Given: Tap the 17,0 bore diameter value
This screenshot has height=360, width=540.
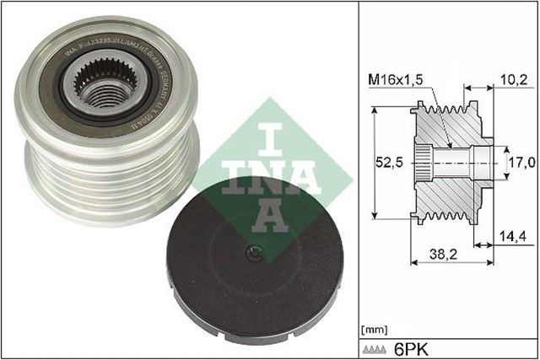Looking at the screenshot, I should click(x=519, y=160).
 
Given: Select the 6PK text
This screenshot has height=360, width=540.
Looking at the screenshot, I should click(x=408, y=347).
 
